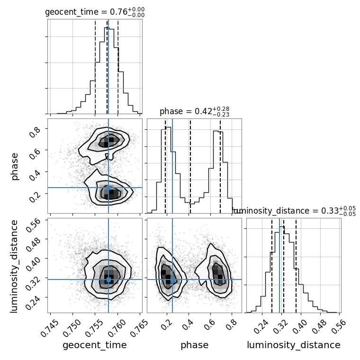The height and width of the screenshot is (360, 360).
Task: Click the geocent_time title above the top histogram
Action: coord(95,12)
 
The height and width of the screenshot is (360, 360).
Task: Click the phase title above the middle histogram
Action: coord(194,111)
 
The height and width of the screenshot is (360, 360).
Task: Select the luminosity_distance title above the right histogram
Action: coord(294,211)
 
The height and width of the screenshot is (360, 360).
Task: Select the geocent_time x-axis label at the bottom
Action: coord(95,345)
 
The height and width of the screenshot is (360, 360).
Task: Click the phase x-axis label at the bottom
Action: coord(194,345)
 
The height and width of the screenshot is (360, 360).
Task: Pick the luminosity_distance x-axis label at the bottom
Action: coord(294,345)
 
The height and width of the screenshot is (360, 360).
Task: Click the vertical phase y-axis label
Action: coord(15,166)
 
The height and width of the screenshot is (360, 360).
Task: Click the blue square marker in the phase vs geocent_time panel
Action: coord(108,188)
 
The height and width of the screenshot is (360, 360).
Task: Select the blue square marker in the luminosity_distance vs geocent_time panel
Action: coord(108,279)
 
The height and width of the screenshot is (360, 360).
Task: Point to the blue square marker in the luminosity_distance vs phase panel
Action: coord(172,279)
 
